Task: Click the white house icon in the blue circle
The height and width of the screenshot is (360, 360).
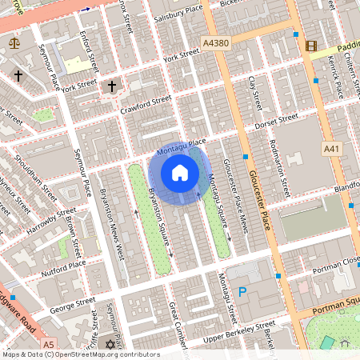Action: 180,173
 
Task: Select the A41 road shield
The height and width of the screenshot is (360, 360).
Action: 331,149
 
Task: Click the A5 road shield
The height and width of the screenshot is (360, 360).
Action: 50,343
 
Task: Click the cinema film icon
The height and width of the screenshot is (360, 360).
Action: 310,45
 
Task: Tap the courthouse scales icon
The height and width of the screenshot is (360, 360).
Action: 13,42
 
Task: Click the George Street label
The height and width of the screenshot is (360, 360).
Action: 72,304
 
